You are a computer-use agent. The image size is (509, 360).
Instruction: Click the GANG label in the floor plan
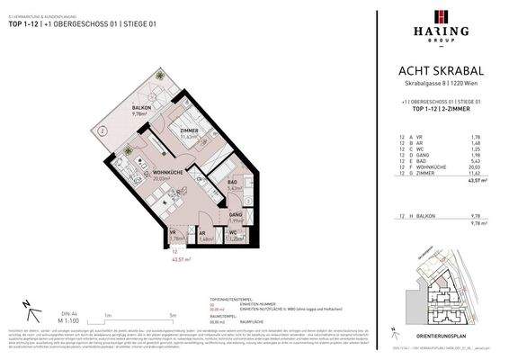coord(235,214)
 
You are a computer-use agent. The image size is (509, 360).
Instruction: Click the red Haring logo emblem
coord(441,17)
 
